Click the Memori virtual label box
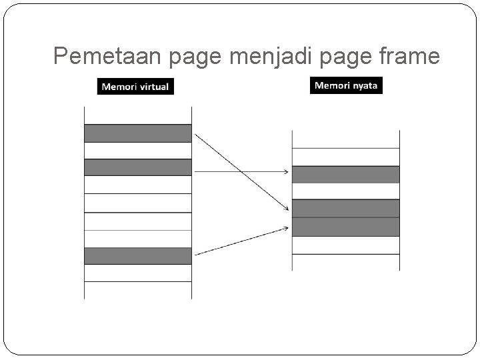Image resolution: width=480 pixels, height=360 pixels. (135, 87)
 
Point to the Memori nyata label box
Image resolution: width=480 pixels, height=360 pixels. (347, 86)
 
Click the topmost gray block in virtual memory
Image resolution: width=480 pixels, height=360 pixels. (137, 133)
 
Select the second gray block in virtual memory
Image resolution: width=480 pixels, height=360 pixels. (137, 167)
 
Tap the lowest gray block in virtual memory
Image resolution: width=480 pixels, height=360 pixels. (137, 256)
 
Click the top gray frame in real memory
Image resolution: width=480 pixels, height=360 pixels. (345, 175)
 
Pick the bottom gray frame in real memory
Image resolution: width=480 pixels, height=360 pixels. (345, 227)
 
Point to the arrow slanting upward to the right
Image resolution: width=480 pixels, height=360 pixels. (241, 241)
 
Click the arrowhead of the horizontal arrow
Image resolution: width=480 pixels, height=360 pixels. (286, 172)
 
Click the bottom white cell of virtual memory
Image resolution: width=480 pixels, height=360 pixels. (137, 290)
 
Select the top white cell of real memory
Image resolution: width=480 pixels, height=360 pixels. (345, 139)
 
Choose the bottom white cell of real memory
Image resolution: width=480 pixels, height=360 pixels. (345, 262)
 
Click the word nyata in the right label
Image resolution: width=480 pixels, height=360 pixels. (364, 86)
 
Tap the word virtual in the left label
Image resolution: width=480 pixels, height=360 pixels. (152, 87)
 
